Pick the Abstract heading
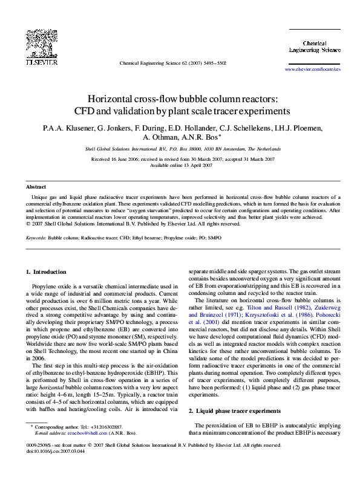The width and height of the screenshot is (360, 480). point(36,187)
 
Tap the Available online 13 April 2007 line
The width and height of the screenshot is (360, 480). point(179,165)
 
